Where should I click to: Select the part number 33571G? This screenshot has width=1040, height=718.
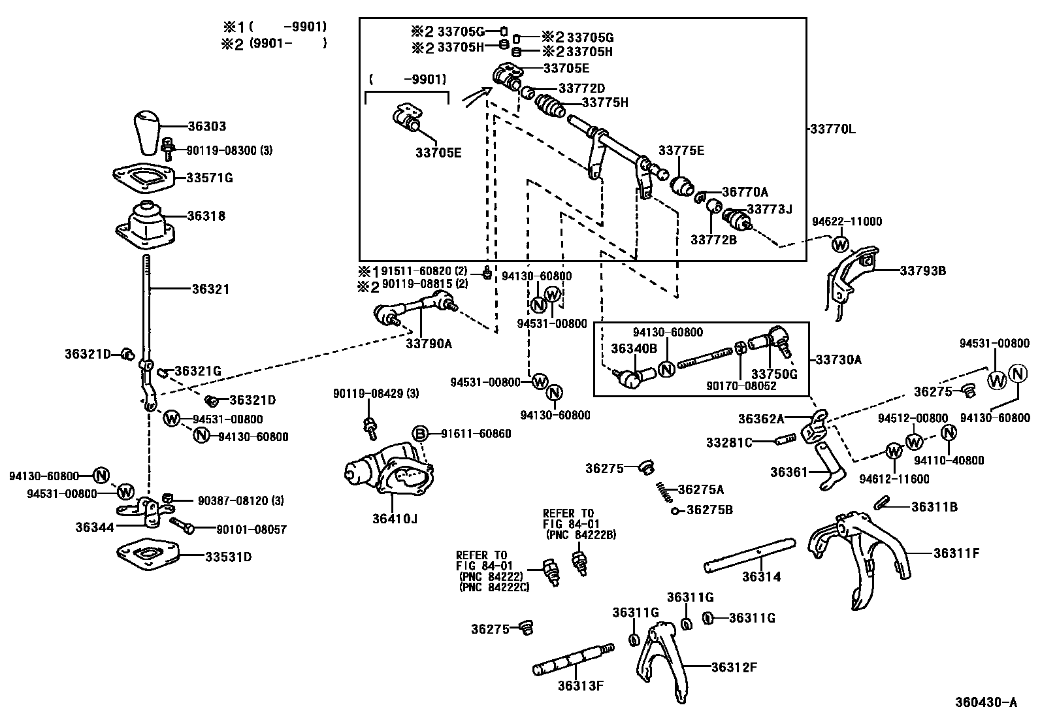[x=209, y=178]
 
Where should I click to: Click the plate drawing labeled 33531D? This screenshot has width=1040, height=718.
[x=147, y=554]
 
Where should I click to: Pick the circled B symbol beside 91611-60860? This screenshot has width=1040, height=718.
[x=419, y=434]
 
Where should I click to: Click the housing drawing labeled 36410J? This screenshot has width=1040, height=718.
[x=390, y=472]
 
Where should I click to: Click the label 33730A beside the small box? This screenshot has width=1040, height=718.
[x=839, y=359]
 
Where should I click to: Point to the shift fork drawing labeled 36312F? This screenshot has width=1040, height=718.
[x=661, y=663]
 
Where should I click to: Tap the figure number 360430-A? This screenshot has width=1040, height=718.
[x=986, y=702]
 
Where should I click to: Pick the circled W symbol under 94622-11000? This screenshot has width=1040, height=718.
[x=840, y=245]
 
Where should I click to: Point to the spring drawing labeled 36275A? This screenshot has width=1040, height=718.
[x=662, y=491]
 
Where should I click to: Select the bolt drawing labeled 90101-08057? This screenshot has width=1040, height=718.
[x=182, y=524]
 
